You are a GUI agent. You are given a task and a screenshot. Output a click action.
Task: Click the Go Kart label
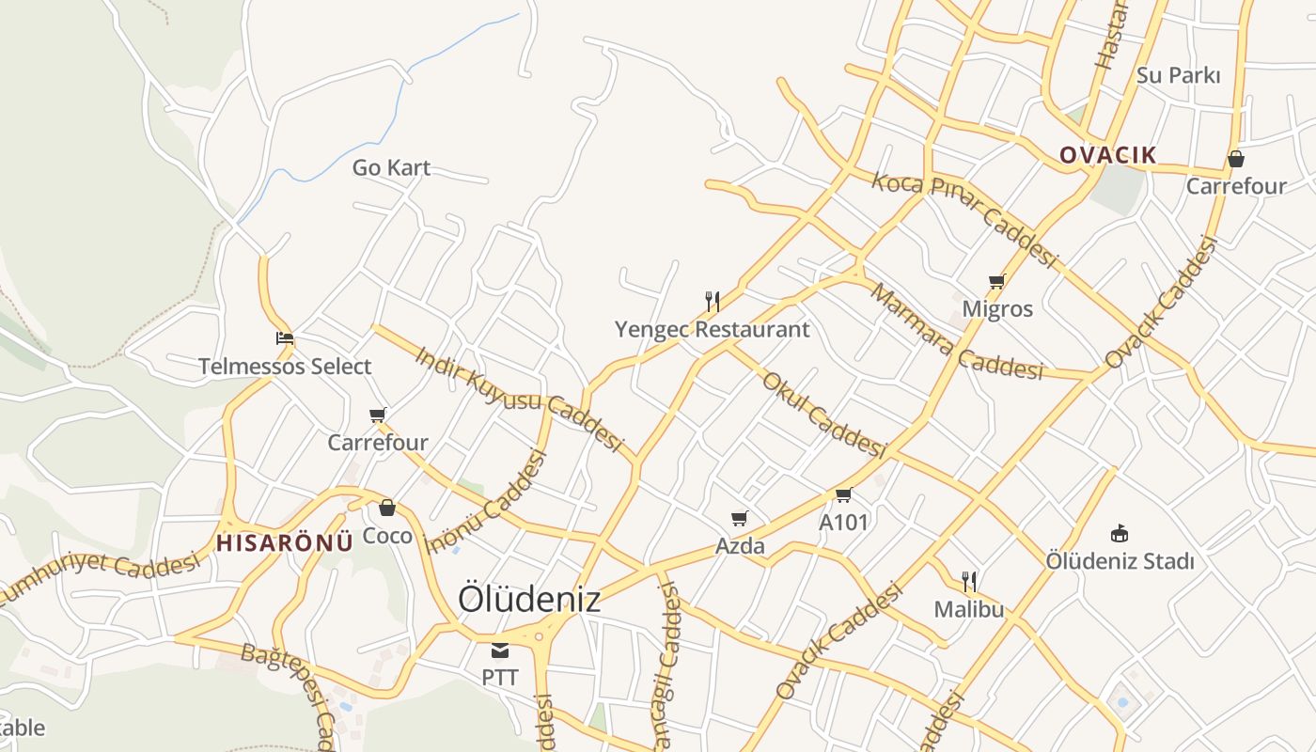pos(391,168)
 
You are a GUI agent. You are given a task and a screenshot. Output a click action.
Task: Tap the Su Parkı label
pos(1178,75)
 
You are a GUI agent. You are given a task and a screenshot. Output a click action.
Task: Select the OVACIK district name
pos(1107,155)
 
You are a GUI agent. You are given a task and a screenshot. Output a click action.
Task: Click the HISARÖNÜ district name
pos(285,542)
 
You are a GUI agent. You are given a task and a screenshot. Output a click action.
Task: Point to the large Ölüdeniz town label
pos(529,599)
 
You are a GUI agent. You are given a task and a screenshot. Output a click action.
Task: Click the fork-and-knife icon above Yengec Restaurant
pos(713,302)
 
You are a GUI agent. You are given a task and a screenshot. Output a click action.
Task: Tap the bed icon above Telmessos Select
pos(285,338)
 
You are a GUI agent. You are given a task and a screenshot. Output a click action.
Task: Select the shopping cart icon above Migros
pos(997,281)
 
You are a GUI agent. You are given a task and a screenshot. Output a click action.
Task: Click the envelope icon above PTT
pos(500,650)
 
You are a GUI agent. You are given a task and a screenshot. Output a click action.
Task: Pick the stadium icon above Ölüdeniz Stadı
pos(1120,533)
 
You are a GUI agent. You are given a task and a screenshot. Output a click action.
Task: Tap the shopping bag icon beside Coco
pos(386,509)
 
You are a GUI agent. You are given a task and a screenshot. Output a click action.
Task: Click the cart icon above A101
pos(843,495)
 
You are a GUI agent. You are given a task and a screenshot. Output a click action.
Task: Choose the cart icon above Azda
pos(740,518)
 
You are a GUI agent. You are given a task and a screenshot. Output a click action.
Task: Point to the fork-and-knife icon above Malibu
pos(969,582)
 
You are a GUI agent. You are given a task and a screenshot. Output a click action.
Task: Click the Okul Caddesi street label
pos(823,415)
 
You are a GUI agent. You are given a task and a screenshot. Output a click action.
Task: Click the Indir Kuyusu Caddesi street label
pos(519,398)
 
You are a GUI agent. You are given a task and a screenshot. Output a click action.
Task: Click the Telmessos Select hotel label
pos(285,367)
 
